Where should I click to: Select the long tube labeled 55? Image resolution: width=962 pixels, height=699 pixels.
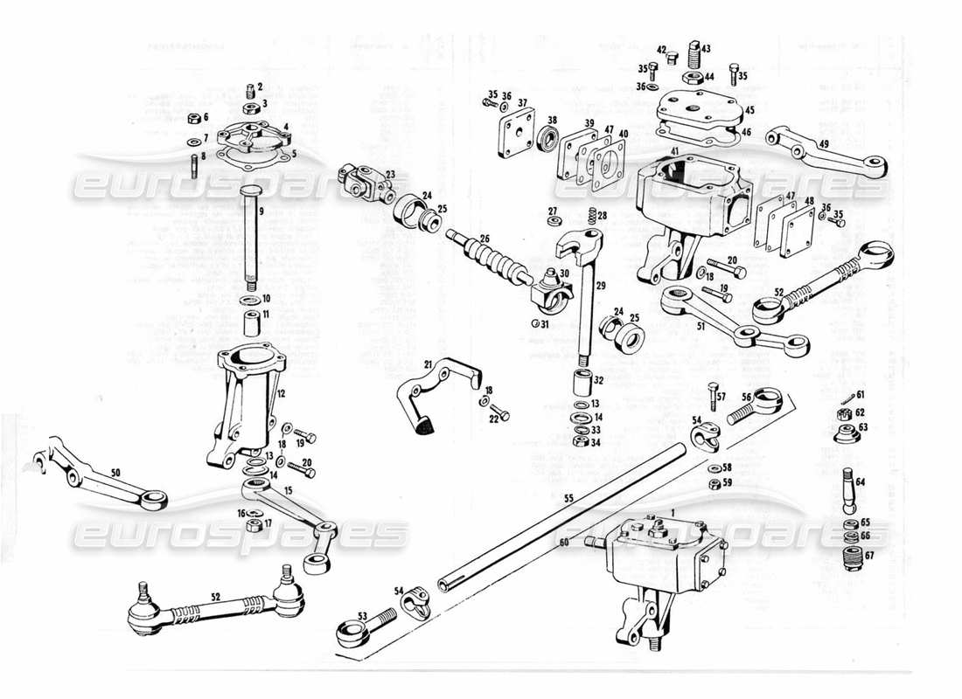tap(560, 516)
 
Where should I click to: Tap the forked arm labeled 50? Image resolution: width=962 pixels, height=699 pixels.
tap(96, 476)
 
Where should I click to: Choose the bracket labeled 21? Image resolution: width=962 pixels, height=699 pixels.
tap(437, 389)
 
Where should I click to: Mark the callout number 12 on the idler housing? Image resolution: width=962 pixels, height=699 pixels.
tap(282, 395)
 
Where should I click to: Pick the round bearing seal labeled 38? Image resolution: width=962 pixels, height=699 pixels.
tap(552, 138)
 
